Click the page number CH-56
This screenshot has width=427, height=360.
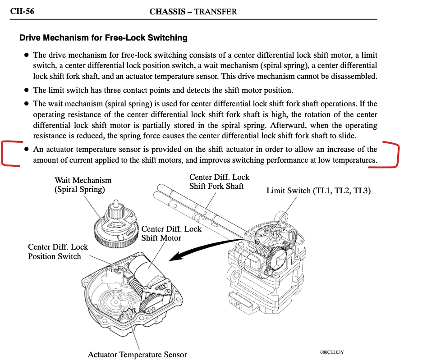[x=22, y=12]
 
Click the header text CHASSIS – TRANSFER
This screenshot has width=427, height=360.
[x=193, y=12]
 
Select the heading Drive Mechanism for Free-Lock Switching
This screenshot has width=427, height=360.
[x=103, y=38]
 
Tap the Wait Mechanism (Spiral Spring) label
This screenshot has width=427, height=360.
[x=83, y=185]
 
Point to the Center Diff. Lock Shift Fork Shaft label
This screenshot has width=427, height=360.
[x=219, y=182]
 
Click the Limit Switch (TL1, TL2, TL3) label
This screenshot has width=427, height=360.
[x=318, y=191]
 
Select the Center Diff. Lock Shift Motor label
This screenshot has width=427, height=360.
[x=171, y=233]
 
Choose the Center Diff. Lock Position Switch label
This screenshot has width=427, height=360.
[x=58, y=251]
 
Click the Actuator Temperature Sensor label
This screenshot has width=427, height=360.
[x=137, y=355]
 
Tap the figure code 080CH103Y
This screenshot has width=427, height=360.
[x=335, y=352]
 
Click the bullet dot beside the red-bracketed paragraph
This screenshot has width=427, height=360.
[x=27, y=149]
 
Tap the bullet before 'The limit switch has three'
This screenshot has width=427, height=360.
[x=27, y=90]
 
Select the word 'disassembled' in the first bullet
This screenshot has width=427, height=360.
[x=353, y=77]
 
